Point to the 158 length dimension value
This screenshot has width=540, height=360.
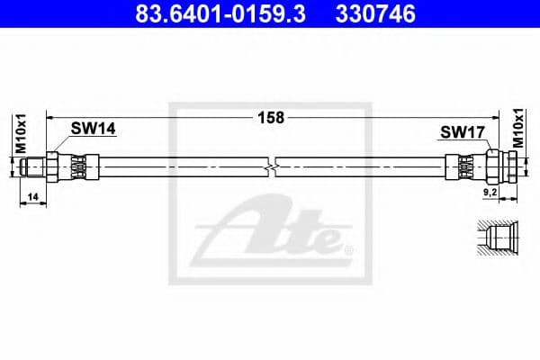click(270, 117)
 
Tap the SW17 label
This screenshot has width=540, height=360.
click(463, 131)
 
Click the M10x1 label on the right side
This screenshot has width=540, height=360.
click(518, 128)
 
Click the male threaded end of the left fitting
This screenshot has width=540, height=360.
click(33, 166)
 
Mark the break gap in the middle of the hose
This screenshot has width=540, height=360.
click(273, 166)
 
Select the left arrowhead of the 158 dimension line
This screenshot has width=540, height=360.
click(51, 117)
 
